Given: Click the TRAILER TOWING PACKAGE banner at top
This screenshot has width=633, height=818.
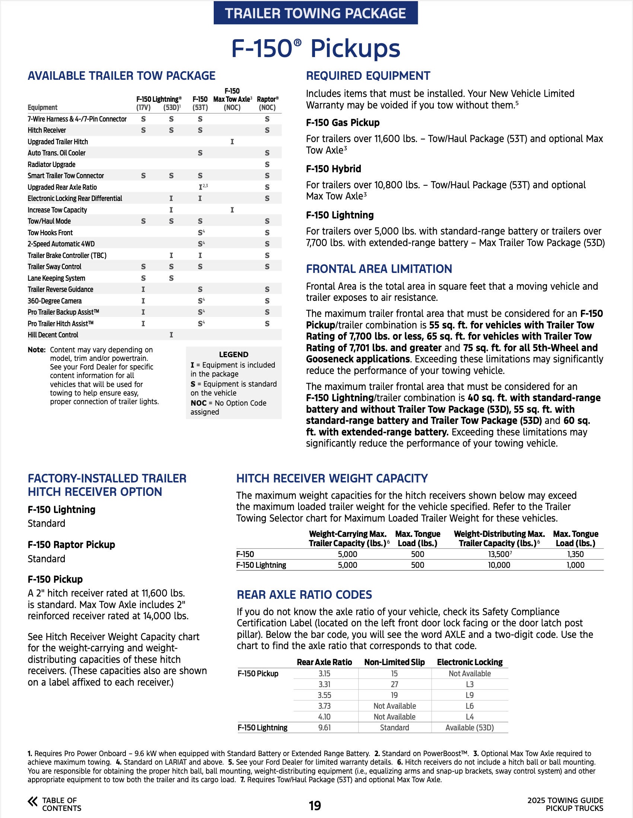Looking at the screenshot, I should coord(315,13).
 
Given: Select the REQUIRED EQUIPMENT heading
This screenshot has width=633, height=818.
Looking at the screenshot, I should coord(368,76).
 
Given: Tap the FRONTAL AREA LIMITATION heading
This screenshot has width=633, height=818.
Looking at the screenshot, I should coord(379,269).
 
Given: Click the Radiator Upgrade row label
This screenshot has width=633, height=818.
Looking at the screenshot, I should coord(52,164).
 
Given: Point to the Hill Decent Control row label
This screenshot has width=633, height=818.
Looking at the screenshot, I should coord(53,335).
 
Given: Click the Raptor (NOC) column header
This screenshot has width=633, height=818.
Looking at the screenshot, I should coord(267,103).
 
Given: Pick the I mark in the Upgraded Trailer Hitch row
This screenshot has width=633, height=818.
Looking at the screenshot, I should coord(232,142).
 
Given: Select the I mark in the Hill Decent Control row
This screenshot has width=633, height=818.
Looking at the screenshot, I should coord(171,335).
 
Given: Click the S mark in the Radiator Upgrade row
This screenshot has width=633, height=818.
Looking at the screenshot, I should coord(267,164).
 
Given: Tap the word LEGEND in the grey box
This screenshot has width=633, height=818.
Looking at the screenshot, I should coord(233,354).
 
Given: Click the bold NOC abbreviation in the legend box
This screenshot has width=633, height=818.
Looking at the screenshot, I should coord(198,403).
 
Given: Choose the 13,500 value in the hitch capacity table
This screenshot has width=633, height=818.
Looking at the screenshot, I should coord(499,554).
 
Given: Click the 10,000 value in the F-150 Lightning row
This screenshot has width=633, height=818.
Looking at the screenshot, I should coord(499,565).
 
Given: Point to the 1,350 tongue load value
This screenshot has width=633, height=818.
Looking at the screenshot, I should coord(575,554).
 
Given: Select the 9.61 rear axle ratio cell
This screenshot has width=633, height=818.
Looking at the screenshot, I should coord(324,727).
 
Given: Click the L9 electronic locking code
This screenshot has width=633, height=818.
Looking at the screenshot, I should coord(470,695).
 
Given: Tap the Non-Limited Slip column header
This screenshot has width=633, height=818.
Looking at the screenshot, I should coord(394,662).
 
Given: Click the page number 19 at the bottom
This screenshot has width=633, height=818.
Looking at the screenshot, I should coord(315,805).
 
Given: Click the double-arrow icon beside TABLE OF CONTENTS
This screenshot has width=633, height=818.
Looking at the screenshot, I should coord(32,802).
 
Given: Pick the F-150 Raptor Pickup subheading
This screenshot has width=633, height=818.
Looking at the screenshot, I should coord(71,545).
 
